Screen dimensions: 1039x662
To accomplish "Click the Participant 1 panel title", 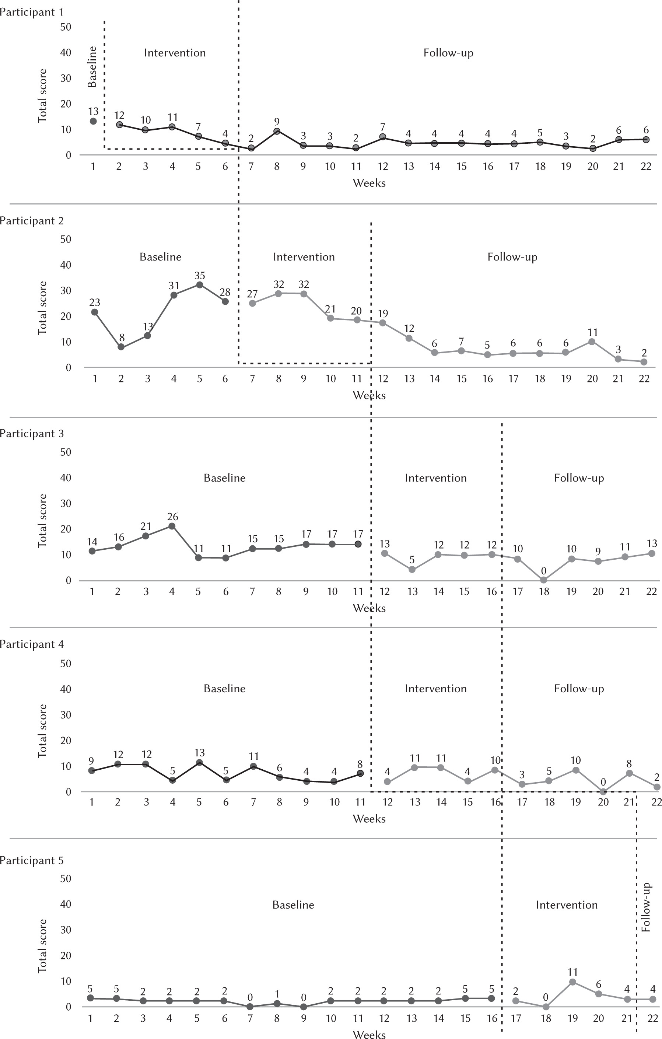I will (x=32, y=12).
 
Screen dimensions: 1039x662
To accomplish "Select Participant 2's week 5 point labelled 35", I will (x=199, y=285).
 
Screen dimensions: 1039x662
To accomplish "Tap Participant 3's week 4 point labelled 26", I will (x=172, y=526).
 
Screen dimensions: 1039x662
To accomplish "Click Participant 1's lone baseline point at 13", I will (x=93, y=121).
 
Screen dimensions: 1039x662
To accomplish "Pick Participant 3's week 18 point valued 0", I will (x=544, y=580).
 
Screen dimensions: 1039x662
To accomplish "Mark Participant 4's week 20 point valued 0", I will (x=603, y=792).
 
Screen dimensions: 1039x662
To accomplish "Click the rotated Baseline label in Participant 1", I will (x=92, y=67).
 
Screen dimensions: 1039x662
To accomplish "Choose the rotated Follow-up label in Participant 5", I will (x=645, y=907).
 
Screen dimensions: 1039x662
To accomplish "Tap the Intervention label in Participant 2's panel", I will (x=304, y=257).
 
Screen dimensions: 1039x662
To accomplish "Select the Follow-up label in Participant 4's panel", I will (x=579, y=689).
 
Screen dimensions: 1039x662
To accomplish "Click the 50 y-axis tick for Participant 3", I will (x=66, y=452).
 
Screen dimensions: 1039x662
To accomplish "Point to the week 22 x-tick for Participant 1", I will (x=645, y=167).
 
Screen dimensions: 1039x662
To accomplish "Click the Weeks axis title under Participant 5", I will (x=369, y=1034).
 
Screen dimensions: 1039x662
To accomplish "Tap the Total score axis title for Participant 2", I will (x=42, y=308).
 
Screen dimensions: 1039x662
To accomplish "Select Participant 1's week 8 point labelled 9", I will (x=277, y=131).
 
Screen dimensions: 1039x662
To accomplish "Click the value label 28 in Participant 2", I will (x=225, y=292).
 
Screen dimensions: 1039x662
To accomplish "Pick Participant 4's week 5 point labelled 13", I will (x=199, y=762).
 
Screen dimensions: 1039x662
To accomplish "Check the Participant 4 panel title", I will (x=32, y=644).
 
